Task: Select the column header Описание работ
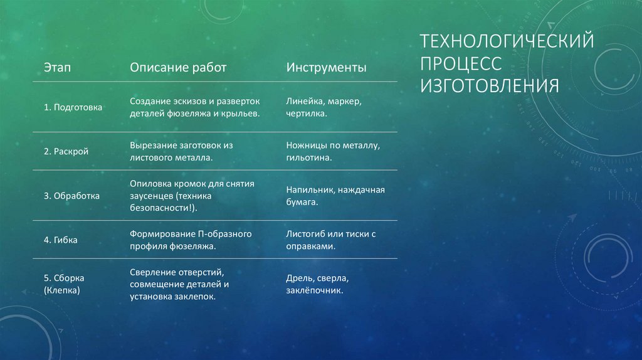point(178,67)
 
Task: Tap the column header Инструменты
point(326,67)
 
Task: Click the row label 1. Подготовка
point(73,107)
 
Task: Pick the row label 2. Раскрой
point(66,152)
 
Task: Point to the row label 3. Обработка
point(71,196)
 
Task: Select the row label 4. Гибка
point(61,240)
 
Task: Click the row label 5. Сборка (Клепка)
point(64,284)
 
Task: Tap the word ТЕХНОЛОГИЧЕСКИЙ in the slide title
point(507,42)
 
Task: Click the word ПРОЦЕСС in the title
point(461,63)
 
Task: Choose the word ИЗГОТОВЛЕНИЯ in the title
point(489,85)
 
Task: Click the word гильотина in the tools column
point(308,158)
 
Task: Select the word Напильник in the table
point(307,189)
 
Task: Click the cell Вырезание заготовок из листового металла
point(181,151)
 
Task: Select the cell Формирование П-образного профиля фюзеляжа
point(191,240)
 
